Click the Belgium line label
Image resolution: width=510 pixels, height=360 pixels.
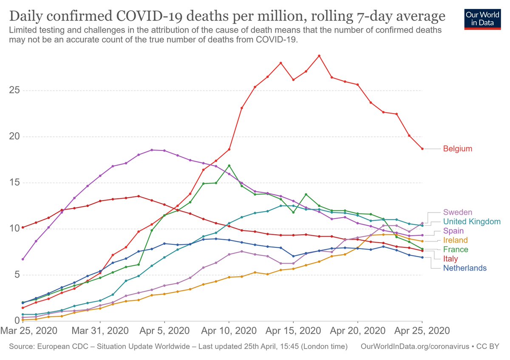tap(457, 149)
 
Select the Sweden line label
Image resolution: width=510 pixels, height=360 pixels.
tap(457, 212)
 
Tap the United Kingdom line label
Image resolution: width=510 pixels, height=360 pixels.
tap(472, 221)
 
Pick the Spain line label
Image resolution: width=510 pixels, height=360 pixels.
tap(454, 231)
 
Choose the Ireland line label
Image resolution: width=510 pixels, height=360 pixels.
tap(455, 240)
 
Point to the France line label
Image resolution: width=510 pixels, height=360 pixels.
tap(456, 249)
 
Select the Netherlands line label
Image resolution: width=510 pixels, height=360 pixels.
tap(465, 268)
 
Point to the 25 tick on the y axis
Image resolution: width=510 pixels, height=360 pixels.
tap(14, 91)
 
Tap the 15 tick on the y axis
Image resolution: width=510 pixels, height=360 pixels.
tap(14, 183)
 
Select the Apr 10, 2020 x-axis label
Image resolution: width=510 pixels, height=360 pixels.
tap(229, 330)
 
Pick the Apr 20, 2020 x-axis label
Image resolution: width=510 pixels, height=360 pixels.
tap(357, 330)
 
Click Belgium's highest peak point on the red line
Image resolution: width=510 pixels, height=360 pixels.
tap(319, 56)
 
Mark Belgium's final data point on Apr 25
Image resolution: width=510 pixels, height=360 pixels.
tap(422, 149)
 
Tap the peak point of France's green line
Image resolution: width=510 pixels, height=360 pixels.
tap(229, 165)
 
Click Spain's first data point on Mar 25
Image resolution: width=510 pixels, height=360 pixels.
tap(23, 259)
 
